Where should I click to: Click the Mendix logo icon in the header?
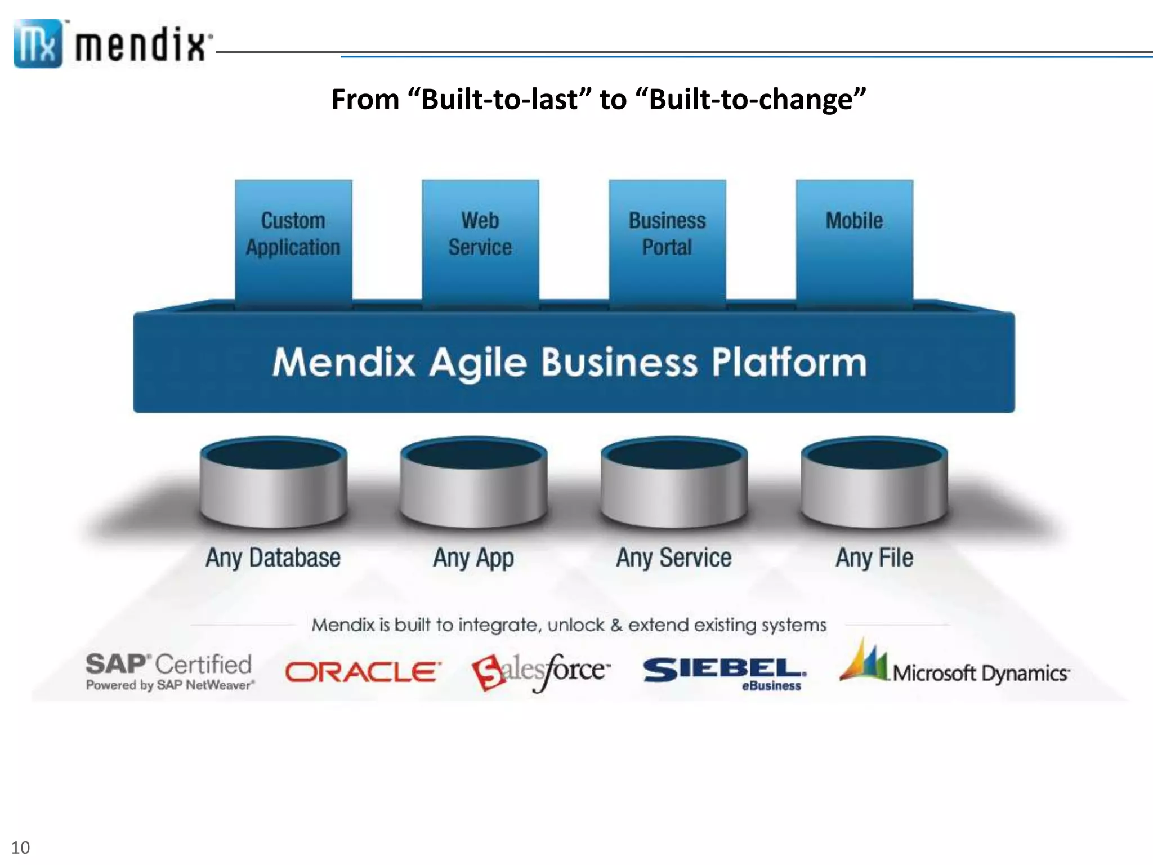coord(38,44)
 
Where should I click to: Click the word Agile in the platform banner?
coord(478,362)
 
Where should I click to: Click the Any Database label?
coord(273,558)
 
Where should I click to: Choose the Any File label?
coord(874,558)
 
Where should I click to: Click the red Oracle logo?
coord(363,672)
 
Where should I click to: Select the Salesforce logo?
coord(540,672)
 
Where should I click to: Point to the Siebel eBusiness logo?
coord(725,673)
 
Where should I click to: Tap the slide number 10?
coord(20,848)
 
